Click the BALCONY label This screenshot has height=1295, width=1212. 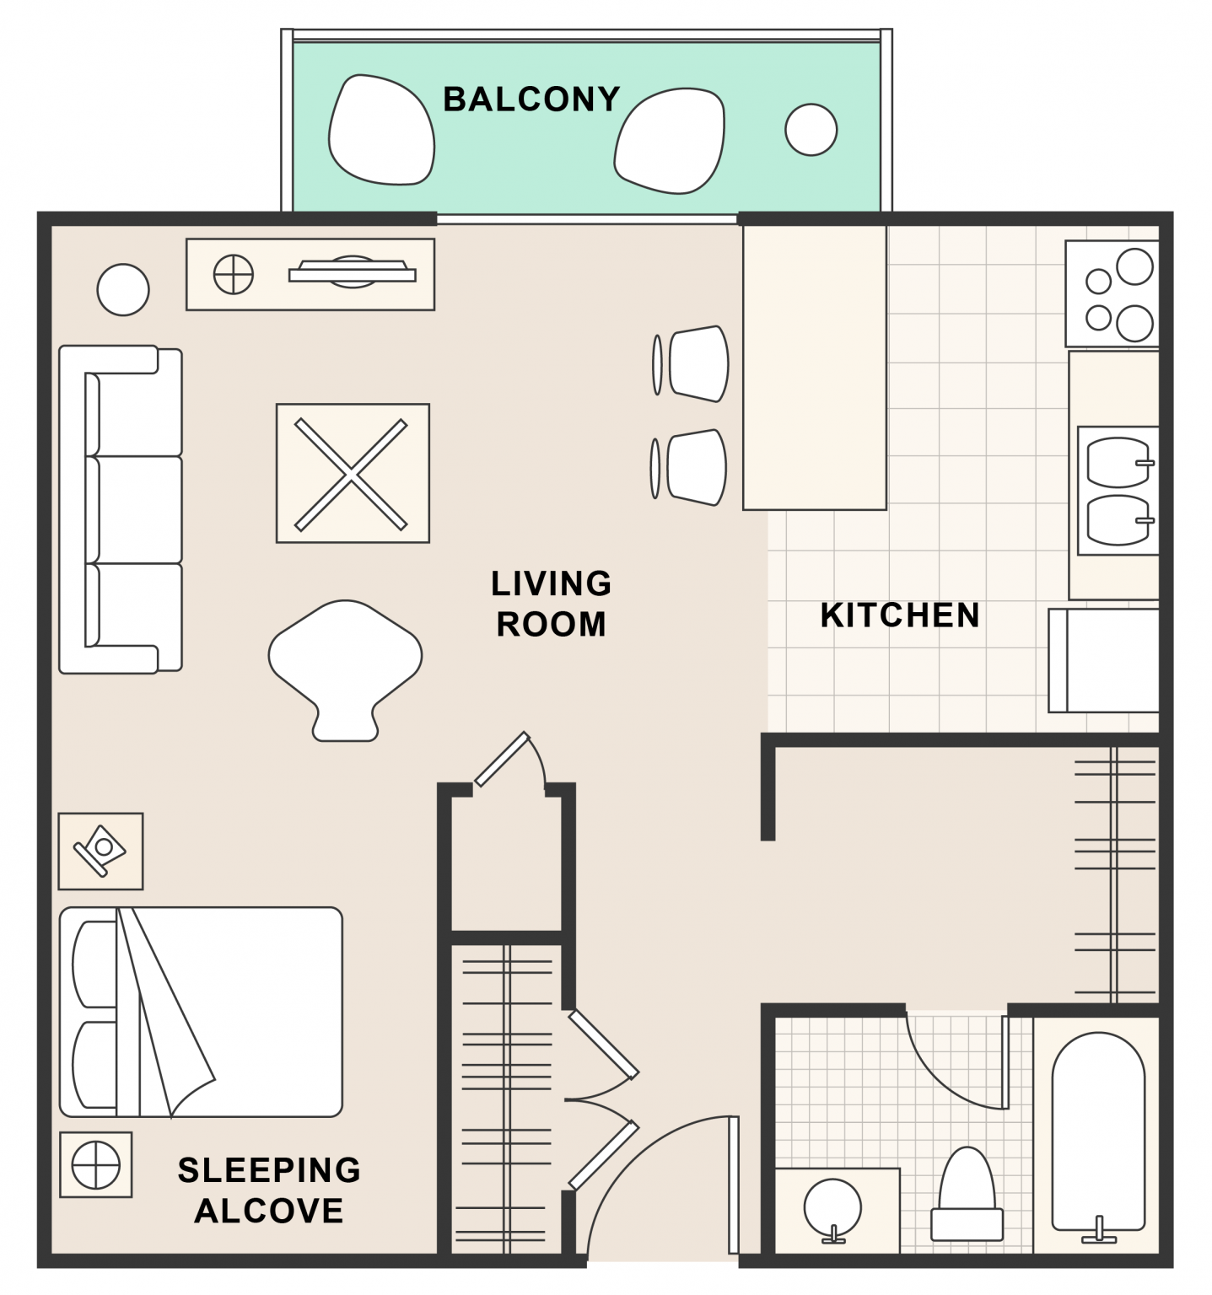(531, 99)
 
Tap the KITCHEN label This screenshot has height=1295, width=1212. (900, 615)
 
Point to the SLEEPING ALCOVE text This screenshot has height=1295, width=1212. (269, 1190)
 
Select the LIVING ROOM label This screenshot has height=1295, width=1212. (552, 604)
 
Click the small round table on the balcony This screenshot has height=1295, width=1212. (811, 129)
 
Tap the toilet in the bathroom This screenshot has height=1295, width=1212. (967, 1193)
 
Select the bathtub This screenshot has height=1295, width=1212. (1098, 1133)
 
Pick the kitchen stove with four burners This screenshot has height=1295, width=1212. (1112, 293)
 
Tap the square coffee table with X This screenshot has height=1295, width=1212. (353, 473)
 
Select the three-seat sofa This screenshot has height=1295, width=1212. (121, 509)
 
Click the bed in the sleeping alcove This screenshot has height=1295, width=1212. (201, 1012)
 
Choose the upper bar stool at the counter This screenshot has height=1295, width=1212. (692, 363)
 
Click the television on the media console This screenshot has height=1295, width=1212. (353, 271)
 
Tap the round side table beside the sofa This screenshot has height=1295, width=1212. (123, 289)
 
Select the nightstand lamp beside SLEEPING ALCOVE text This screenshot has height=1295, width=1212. (96, 1165)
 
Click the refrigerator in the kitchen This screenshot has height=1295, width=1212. (1104, 660)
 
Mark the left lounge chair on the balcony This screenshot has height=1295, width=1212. (381, 128)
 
